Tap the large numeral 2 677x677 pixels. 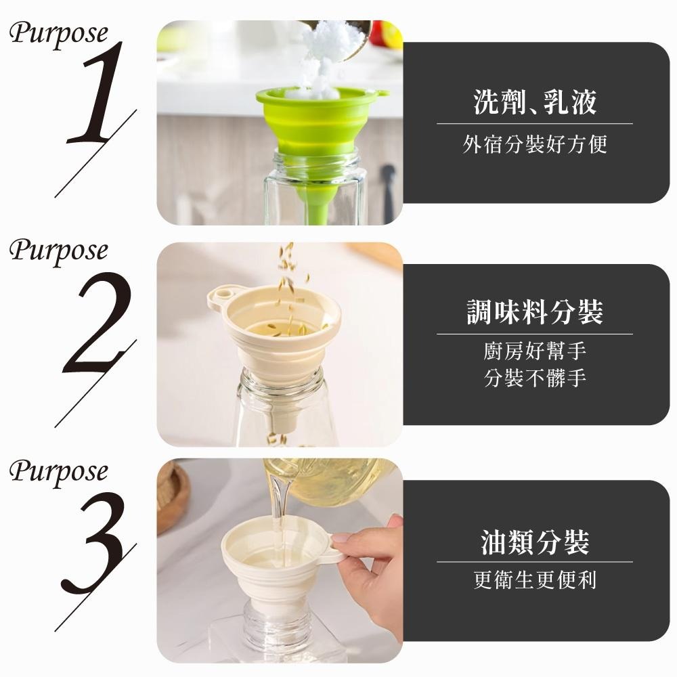pyautogui.click(x=97, y=323)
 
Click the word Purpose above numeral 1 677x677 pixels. pyautogui.click(x=59, y=34)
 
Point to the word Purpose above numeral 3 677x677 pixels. pyautogui.click(x=59, y=471)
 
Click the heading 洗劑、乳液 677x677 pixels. pyautogui.click(x=535, y=102)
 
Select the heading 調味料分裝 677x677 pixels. pyautogui.click(x=535, y=311)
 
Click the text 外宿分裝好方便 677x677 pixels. pyautogui.click(x=535, y=144)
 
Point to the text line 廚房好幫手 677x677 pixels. pyautogui.click(x=535, y=351)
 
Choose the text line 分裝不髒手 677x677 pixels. pyautogui.click(x=535, y=378)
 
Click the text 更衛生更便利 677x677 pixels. pyautogui.click(x=535, y=580)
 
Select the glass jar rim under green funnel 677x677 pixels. pyautogui.click(x=316, y=159)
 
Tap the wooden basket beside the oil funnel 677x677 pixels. pyautogui.click(x=172, y=496)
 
